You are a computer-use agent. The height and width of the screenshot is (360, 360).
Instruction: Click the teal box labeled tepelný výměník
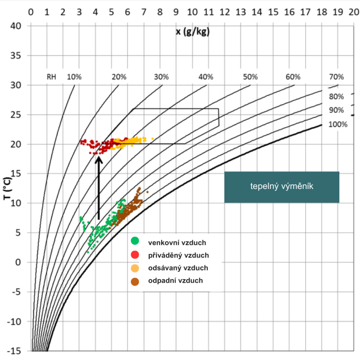point(282,187)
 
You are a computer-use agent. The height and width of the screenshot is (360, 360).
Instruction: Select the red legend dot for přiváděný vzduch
point(135,255)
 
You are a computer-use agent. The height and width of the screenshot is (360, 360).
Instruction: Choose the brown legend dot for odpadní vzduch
point(135,281)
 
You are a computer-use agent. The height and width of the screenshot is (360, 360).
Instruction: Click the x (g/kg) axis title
point(193,32)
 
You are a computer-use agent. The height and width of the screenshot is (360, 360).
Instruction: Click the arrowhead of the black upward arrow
point(99,158)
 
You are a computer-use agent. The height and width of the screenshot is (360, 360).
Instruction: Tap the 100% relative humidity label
point(337,124)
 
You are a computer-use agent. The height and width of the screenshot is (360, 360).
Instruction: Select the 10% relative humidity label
point(74,76)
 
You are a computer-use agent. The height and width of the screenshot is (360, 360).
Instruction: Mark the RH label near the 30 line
point(52,76)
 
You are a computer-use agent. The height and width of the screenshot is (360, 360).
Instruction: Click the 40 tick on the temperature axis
point(17,26)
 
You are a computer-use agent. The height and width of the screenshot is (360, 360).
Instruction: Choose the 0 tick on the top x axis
point(31,10)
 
